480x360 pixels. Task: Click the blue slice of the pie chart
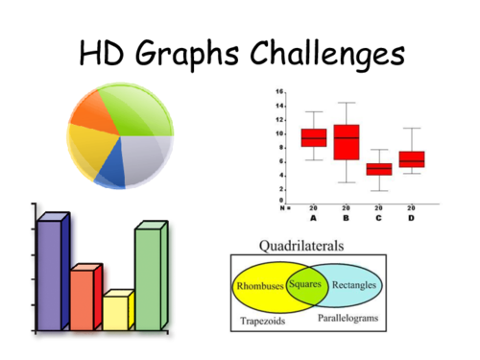coord(112,172)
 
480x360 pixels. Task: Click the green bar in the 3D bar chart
coord(148,278)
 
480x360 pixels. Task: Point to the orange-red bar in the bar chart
coord(83,299)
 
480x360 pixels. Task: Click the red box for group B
coord(346,141)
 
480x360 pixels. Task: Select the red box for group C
coord(379,169)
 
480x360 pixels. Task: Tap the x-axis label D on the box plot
coord(411,217)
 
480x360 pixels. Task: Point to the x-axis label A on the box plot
coord(313,217)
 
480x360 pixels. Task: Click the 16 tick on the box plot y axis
coord(279,92)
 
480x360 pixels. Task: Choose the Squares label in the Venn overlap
coord(304,285)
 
